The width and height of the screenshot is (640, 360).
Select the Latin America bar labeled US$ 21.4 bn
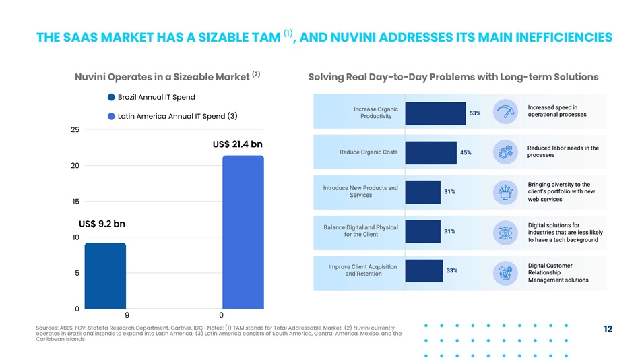coord(243,232)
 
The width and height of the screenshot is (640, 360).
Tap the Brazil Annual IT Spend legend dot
coord(111,98)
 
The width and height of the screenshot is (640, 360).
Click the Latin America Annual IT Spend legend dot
coord(111,116)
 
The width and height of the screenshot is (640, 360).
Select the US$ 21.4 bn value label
coord(237,144)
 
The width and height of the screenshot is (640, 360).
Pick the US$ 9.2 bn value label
coord(102,224)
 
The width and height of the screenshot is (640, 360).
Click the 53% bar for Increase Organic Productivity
coord(436,113)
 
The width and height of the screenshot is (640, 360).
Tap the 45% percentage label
coord(466,152)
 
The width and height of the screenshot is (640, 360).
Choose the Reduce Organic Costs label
coord(369,152)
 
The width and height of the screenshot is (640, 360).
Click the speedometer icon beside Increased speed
coord(504,112)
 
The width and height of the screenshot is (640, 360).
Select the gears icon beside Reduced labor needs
coord(504,152)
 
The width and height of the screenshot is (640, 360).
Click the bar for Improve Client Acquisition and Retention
coord(424,270)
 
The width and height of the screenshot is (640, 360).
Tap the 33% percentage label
coord(452,270)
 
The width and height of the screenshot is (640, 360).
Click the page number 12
coord(608,329)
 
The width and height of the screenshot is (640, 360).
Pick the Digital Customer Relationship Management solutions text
coord(558,272)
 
